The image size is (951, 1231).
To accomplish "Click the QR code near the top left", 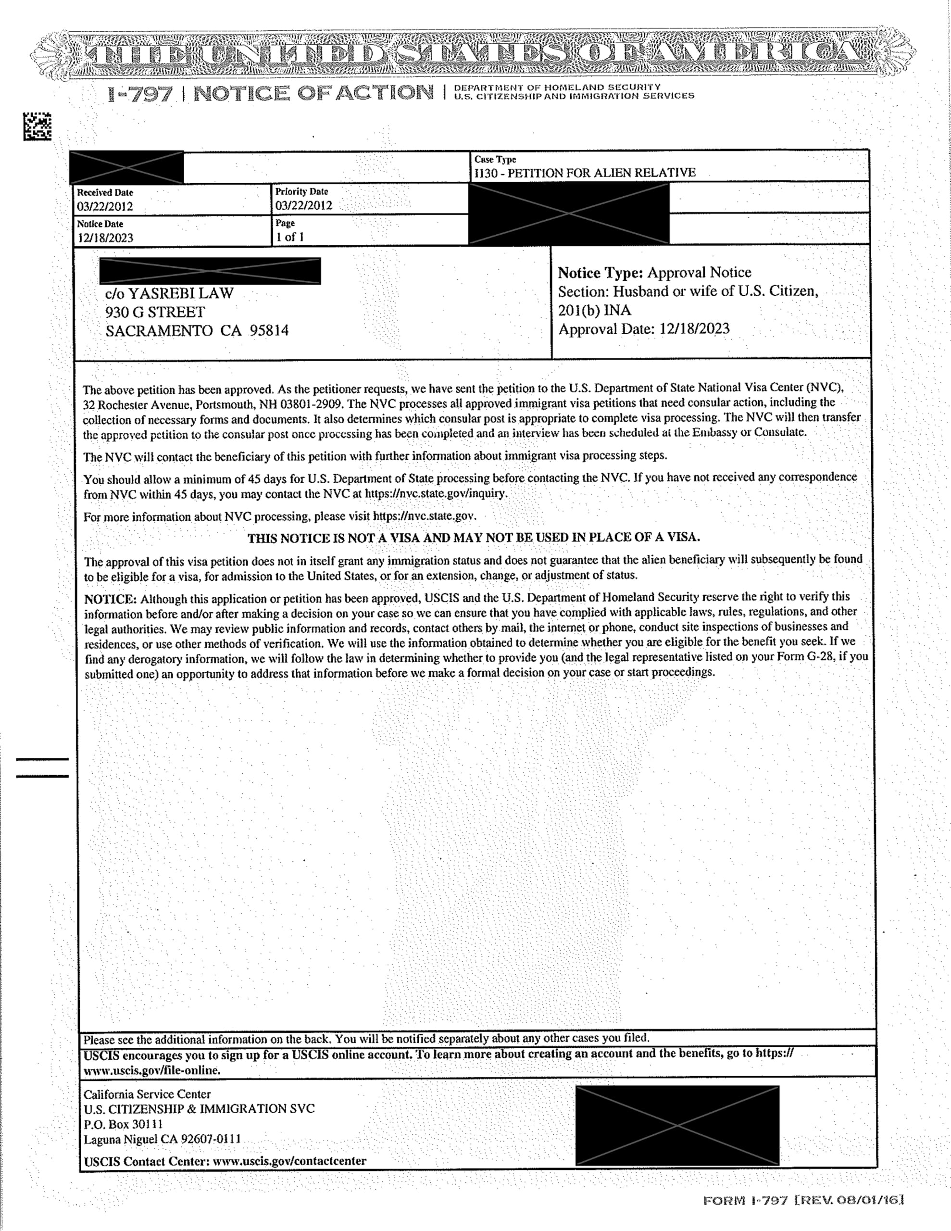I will pos(37,126).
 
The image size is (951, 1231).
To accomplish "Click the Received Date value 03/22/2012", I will pos(105,206).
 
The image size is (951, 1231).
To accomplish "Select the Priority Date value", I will pos(303,206).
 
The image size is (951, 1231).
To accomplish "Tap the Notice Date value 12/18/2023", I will pos(105,238).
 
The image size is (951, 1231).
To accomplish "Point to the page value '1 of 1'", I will pos(290,237).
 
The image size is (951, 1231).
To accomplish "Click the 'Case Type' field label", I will pos(495,160).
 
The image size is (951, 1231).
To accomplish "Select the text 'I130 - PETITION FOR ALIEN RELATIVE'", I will pos(585,173).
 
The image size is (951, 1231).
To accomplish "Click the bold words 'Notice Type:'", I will pos(600,273).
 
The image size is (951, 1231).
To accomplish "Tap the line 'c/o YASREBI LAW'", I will pos(169,294).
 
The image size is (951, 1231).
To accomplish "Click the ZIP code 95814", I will pos(269,330).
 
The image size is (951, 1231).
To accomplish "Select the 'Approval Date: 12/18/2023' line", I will pos(643,329).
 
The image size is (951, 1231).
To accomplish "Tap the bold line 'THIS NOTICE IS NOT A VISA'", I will pos(474,538).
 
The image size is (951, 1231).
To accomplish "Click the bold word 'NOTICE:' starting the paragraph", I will pos(111,599).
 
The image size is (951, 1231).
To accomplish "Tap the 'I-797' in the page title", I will pos(139,94).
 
